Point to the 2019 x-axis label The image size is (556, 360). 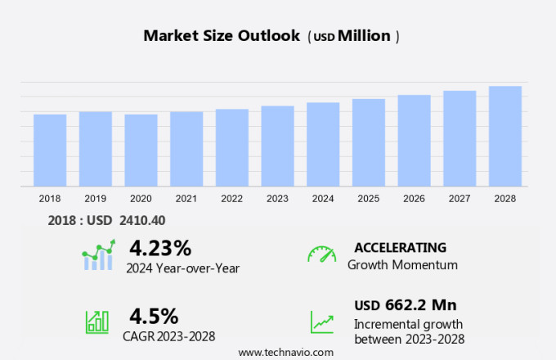click(x=96, y=199)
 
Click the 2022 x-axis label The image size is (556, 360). click(x=231, y=199)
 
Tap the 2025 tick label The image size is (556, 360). click(x=368, y=199)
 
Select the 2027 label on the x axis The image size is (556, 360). click(x=460, y=199)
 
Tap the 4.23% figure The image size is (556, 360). click(x=160, y=247)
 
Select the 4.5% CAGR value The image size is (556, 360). click(x=154, y=315)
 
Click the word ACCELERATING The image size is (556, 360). click(x=400, y=247)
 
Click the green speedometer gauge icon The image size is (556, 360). click(x=322, y=254)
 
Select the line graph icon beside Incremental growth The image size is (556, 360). click(x=322, y=322)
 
